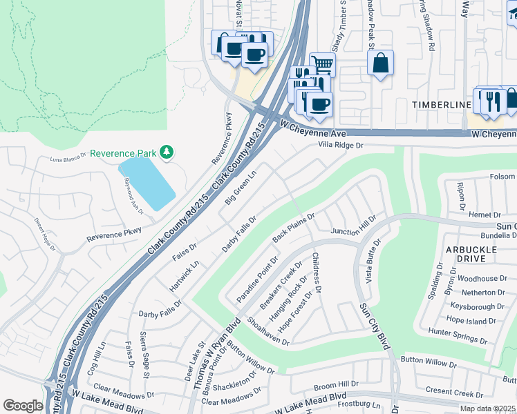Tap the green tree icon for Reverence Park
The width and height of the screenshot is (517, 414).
166,151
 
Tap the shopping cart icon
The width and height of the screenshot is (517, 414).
322,65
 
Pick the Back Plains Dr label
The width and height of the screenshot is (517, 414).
293,227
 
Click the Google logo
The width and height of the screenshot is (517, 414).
23,405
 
